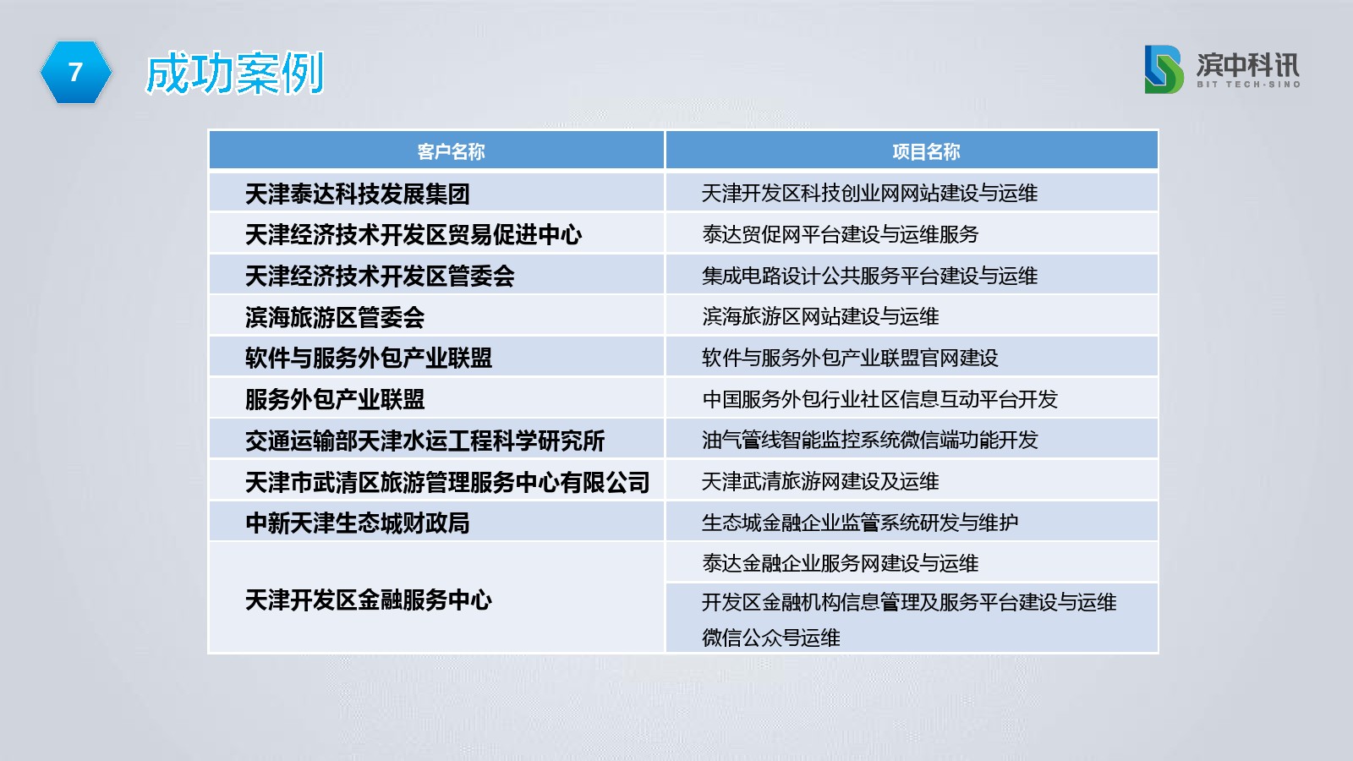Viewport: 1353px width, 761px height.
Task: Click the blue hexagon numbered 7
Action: pos(75,73)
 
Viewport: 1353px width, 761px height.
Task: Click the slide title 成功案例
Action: pos(235,73)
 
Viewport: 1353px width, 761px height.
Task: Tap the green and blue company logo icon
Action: pos(1164,69)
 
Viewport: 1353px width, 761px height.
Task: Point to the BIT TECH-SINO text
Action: pos(1248,85)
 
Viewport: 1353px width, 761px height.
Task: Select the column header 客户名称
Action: pos(451,151)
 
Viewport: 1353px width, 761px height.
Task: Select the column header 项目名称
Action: pos(926,151)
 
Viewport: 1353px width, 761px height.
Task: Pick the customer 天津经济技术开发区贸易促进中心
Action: pos(414,235)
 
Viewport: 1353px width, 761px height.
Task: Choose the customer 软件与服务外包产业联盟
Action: pos(369,359)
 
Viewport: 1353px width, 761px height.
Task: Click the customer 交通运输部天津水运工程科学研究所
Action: pos(425,441)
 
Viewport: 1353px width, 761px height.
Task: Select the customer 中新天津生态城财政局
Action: pos(358,523)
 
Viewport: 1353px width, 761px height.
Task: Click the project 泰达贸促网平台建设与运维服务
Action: pos(841,234)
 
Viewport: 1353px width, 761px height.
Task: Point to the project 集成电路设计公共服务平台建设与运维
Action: pos(870,276)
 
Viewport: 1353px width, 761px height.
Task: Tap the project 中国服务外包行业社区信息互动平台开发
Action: pos(880,399)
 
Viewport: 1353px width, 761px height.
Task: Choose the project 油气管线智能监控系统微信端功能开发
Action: pos(870,440)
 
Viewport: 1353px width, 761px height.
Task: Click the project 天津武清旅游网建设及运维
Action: pos(820,481)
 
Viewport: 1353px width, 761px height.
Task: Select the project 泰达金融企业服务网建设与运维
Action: pos(841,563)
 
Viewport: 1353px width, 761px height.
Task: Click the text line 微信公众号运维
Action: pos(770,638)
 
